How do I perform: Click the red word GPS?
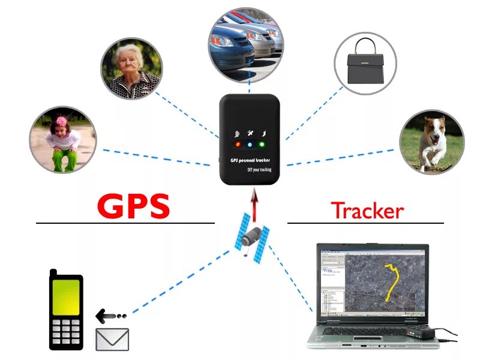point(134,206)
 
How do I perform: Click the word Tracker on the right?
point(367,210)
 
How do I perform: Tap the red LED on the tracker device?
point(238,145)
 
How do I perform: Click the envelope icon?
point(112,339)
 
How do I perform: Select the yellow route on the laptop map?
point(393,279)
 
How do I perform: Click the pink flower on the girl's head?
point(61,122)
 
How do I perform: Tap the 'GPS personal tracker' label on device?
point(251,161)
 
